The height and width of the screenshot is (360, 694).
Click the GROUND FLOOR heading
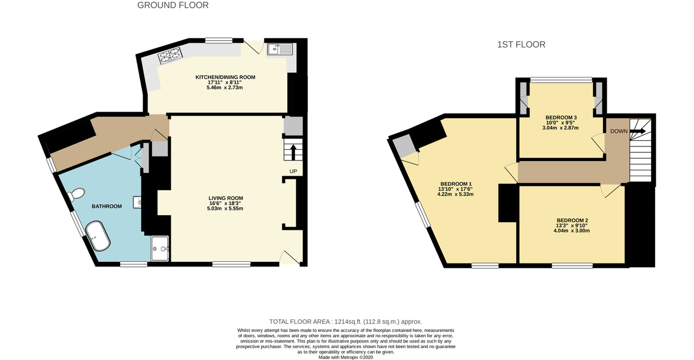click(173, 5)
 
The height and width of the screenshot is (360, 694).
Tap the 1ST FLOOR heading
click(521, 44)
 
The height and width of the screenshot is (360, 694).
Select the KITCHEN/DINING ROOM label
click(225, 78)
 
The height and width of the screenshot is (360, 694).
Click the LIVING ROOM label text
click(226, 198)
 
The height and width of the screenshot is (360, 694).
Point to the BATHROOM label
click(106, 207)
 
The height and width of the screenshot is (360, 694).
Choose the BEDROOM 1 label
click(455, 183)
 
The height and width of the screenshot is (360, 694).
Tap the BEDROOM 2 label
click(572, 220)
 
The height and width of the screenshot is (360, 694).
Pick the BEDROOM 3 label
click(561, 118)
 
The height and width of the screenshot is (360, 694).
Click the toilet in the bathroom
click(76, 194)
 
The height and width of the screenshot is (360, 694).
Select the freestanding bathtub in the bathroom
click(99, 235)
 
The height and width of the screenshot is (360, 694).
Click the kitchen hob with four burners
click(169, 55)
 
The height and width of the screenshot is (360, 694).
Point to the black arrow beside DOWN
click(637, 131)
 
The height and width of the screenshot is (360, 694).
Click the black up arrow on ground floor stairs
click(293, 152)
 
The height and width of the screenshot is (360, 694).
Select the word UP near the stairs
click(293, 171)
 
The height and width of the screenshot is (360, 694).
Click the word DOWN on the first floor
click(619, 131)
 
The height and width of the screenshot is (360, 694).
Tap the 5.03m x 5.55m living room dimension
click(226, 209)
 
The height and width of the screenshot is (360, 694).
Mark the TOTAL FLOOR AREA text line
click(345, 322)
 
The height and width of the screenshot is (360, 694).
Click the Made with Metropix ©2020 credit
click(345, 357)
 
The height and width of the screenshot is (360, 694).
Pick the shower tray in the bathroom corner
click(160, 249)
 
